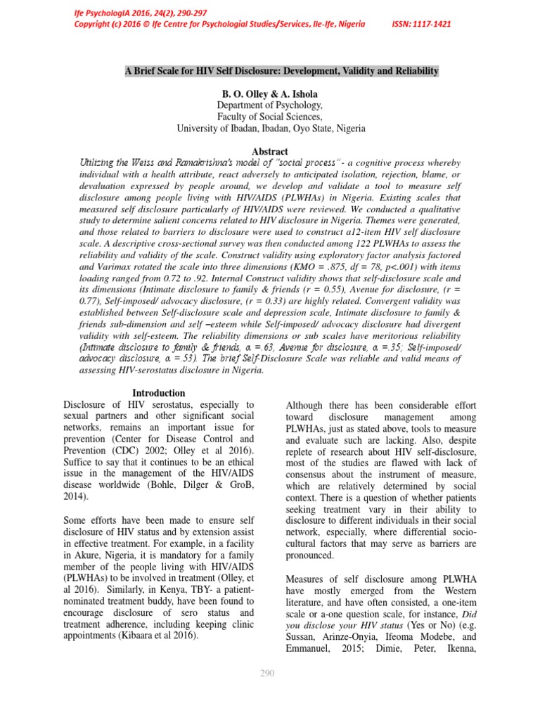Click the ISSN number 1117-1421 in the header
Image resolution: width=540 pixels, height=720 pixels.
(422, 24)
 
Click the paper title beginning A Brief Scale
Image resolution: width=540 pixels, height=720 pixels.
(281, 71)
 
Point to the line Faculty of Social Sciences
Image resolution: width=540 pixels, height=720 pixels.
(271, 117)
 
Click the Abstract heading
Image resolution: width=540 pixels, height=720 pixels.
(270, 151)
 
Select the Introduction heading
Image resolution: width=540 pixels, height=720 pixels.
(159, 393)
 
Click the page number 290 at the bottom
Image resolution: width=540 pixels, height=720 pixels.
(267, 673)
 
